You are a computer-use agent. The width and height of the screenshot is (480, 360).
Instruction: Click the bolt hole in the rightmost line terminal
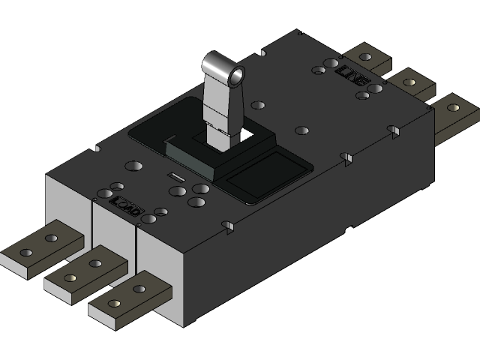pos(452,107)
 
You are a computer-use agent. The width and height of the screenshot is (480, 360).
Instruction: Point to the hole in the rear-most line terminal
pos(365,57)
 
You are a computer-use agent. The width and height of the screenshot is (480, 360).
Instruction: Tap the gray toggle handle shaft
pos(222,112)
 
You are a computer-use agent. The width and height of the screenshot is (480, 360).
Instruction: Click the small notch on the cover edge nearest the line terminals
pos(391,132)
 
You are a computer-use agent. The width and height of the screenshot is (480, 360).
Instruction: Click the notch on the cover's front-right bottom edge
pos(230,225)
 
